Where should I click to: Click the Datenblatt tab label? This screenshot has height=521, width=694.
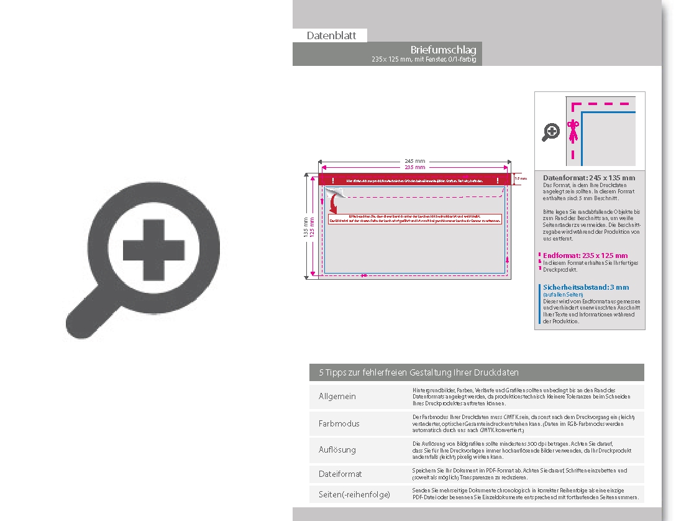(x=331, y=36)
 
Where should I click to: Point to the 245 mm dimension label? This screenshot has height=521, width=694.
(x=415, y=161)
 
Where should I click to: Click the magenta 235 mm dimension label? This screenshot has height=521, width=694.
(x=415, y=167)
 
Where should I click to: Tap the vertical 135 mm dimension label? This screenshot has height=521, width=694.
(x=305, y=226)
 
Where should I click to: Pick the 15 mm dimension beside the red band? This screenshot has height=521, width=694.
(x=521, y=179)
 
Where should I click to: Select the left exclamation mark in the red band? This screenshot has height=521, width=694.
(x=333, y=180)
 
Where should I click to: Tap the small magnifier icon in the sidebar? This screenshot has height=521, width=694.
(x=551, y=132)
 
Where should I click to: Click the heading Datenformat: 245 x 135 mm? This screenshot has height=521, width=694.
(x=588, y=178)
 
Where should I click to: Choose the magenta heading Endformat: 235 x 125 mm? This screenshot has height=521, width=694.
(x=585, y=256)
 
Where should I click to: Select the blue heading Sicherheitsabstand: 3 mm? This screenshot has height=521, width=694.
(x=585, y=287)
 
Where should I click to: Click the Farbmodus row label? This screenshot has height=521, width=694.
(x=339, y=423)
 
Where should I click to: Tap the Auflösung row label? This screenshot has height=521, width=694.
(x=337, y=450)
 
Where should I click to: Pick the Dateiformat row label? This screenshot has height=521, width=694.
(x=340, y=474)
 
